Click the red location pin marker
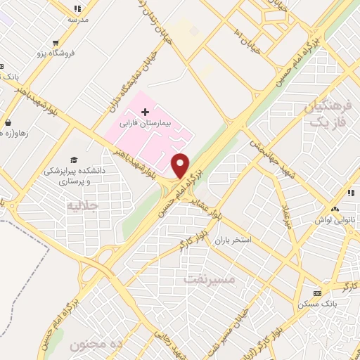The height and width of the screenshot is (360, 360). tap(181, 165)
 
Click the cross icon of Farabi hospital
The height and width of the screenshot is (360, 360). tap(146, 112)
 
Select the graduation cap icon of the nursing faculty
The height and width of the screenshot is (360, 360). tap(73, 160)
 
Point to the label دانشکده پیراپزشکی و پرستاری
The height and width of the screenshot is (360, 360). tap(73, 175)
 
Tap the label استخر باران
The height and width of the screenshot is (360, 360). tap(251, 240)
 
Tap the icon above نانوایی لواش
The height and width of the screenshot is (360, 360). tap(335, 209)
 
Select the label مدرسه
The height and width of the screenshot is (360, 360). tap(77, 20)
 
